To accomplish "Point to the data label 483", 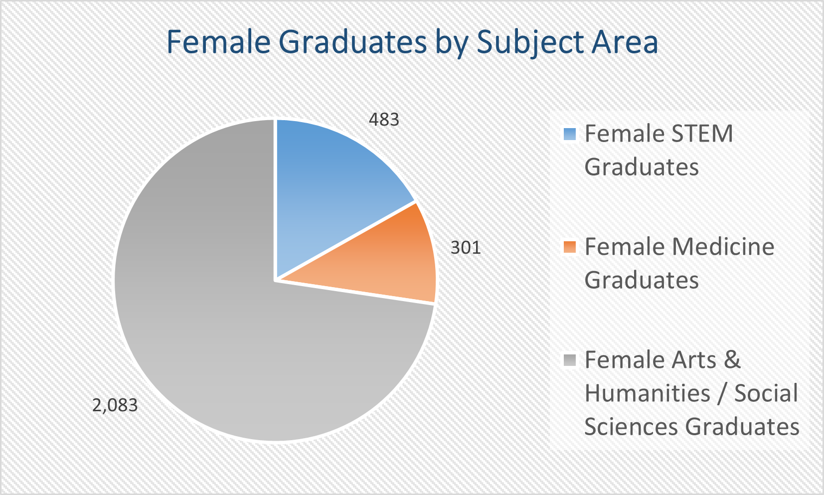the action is pyautogui.click(x=384, y=120).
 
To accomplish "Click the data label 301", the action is pyautogui.click(x=466, y=247).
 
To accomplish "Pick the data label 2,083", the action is pyautogui.click(x=115, y=405).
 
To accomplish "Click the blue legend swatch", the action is pyautogui.click(x=569, y=134).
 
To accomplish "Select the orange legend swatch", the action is pyautogui.click(x=569, y=247).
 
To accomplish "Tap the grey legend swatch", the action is pyautogui.click(x=569, y=360).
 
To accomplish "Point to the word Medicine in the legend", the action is pyautogui.click(x=723, y=246).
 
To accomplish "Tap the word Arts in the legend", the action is pyautogui.click(x=694, y=359).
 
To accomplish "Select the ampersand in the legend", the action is pyautogui.click(x=733, y=359).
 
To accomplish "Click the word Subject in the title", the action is pyautogui.click(x=529, y=43).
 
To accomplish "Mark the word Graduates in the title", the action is pyautogui.click(x=354, y=42).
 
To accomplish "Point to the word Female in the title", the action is pyautogui.click(x=219, y=42).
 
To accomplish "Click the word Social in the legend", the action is pyautogui.click(x=766, y=393).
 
